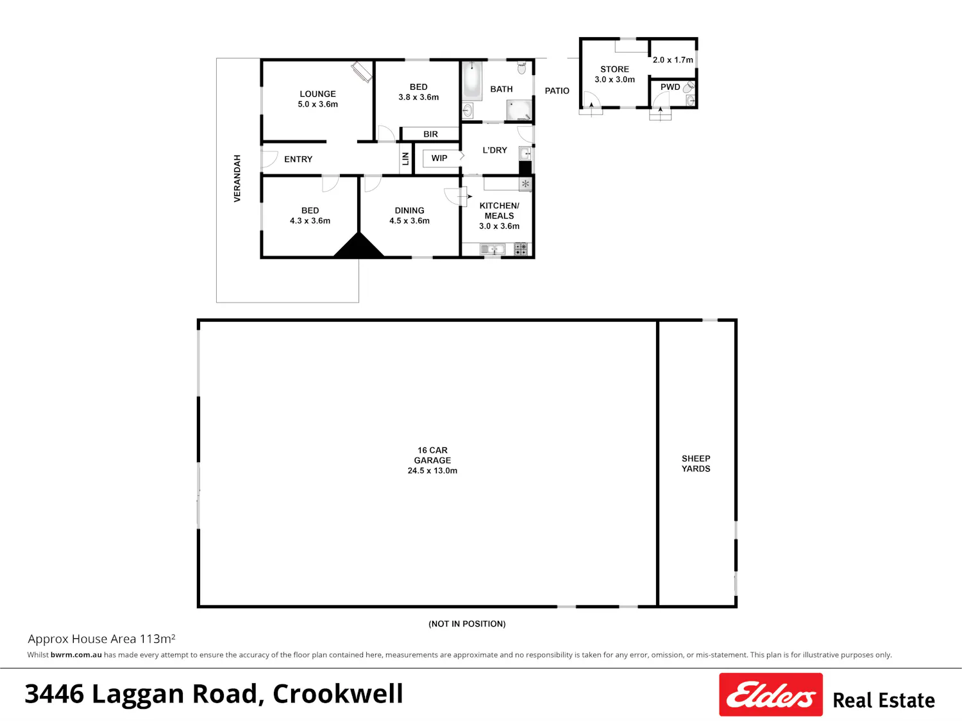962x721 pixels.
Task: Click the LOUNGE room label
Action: [x=317, y=94]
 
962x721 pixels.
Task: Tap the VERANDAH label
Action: [x=237, y=178]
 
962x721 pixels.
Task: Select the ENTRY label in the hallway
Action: [x=298, y=160]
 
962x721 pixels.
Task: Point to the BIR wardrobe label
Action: [x=430, y=135]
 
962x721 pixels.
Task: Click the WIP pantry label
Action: [x=439, y=158]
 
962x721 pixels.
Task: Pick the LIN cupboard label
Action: [x=405, y=158]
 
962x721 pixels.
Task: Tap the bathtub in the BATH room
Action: [x=472, y=79]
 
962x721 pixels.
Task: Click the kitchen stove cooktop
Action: [x=521, y=249]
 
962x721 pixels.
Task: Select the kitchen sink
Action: [x=493, y=249]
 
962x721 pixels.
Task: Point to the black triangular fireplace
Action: [x=359, y=245]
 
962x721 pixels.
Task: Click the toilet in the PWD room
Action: [x=689, y=87]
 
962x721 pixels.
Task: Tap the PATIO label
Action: [x=557, y=91]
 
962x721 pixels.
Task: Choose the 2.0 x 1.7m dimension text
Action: [x=673, y=60]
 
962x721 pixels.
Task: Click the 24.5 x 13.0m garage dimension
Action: [x=432, y=470]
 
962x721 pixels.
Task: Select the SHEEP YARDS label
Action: [x=696, y=463]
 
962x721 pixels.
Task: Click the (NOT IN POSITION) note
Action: [x=467, y=624]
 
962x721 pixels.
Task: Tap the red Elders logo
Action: [x=771, y=695]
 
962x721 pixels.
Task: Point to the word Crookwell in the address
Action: [x=337, y=694]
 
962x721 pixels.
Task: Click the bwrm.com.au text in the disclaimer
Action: [x=76, y=655]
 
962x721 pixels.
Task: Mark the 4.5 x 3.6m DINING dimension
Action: [x=409, y=221]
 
